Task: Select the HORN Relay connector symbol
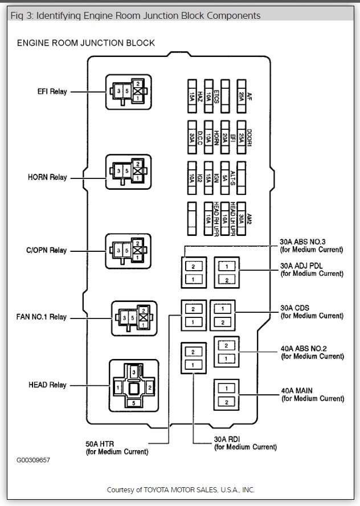point(128,171)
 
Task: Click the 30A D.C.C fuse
point(193,135)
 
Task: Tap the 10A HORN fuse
point(208,135)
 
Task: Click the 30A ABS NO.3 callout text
point(311,245)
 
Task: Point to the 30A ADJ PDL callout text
point(312,269)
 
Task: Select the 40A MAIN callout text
point(312,394)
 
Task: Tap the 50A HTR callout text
point(117,447)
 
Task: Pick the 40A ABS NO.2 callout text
point(312,352)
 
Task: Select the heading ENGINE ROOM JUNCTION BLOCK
point(85,43)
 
